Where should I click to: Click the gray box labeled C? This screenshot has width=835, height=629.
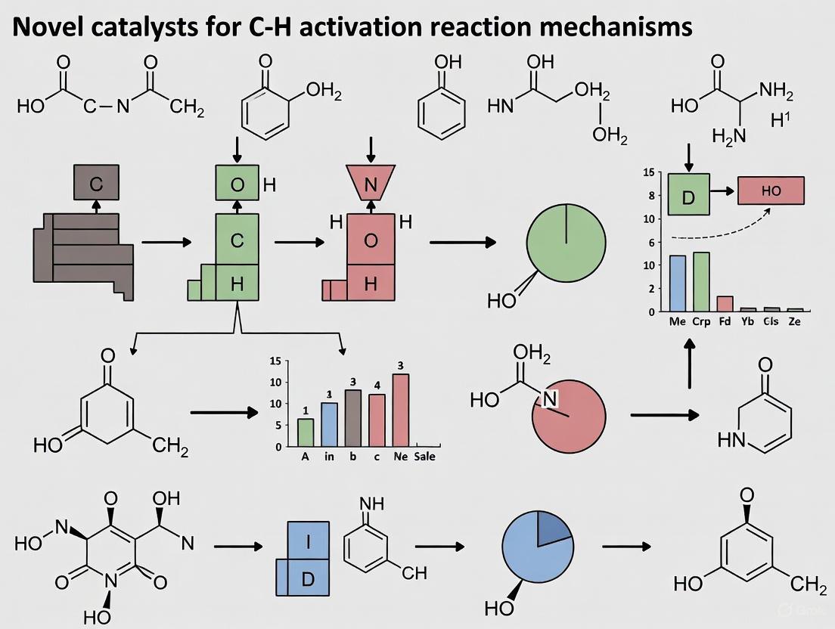[95, 183]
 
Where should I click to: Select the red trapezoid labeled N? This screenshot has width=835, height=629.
[371, 183]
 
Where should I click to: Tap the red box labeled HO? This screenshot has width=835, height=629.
[770, 191]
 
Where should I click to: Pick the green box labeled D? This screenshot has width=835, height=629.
[688, 195]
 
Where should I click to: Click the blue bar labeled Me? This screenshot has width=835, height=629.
[678, 284]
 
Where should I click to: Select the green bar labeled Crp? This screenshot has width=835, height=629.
[701, 281]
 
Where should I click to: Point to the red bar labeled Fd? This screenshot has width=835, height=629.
[725, 303]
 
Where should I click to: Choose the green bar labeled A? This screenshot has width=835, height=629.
[306, 432]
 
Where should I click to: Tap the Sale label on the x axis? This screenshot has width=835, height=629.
[424, 457]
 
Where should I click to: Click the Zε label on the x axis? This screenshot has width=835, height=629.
[794, 321]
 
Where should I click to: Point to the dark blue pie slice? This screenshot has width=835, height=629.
[554, 526]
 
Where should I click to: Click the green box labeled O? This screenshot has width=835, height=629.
[237, 184]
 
